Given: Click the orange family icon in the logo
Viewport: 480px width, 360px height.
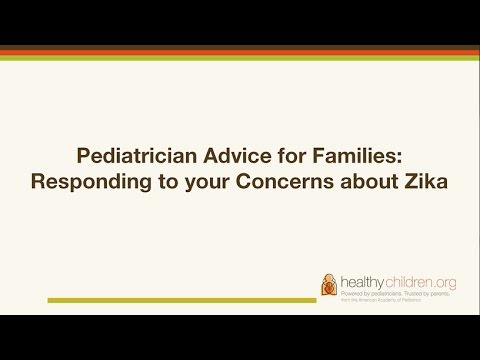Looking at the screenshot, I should (328, 284).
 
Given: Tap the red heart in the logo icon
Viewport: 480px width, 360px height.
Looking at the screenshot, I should (326, 289).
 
